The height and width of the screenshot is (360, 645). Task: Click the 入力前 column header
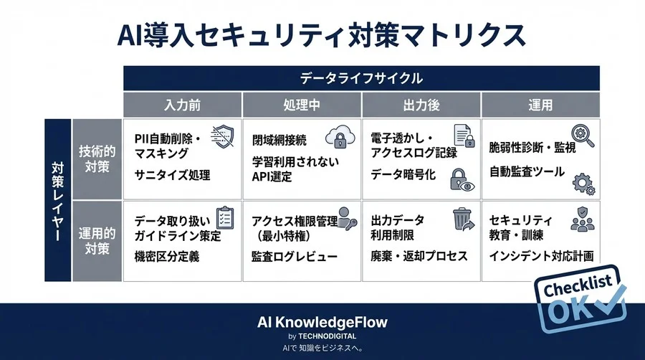[x=182, y=105]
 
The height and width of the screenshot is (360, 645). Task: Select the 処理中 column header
[x=302, y=105]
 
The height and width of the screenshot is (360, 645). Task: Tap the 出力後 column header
[x=421, y=105]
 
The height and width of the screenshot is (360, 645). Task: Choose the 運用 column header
[x=540, y=105]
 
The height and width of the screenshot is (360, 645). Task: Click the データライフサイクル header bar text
[x=361, y=78]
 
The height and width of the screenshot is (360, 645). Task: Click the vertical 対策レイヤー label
[x=57, y=199]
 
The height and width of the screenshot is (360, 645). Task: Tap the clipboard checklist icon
[x=224, y=217]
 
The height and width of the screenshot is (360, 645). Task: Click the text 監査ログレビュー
[x=295, y=256]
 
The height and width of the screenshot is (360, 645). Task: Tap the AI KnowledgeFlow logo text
[x=322, y=322]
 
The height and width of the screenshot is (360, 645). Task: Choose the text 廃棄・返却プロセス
[x=419, y=256]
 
